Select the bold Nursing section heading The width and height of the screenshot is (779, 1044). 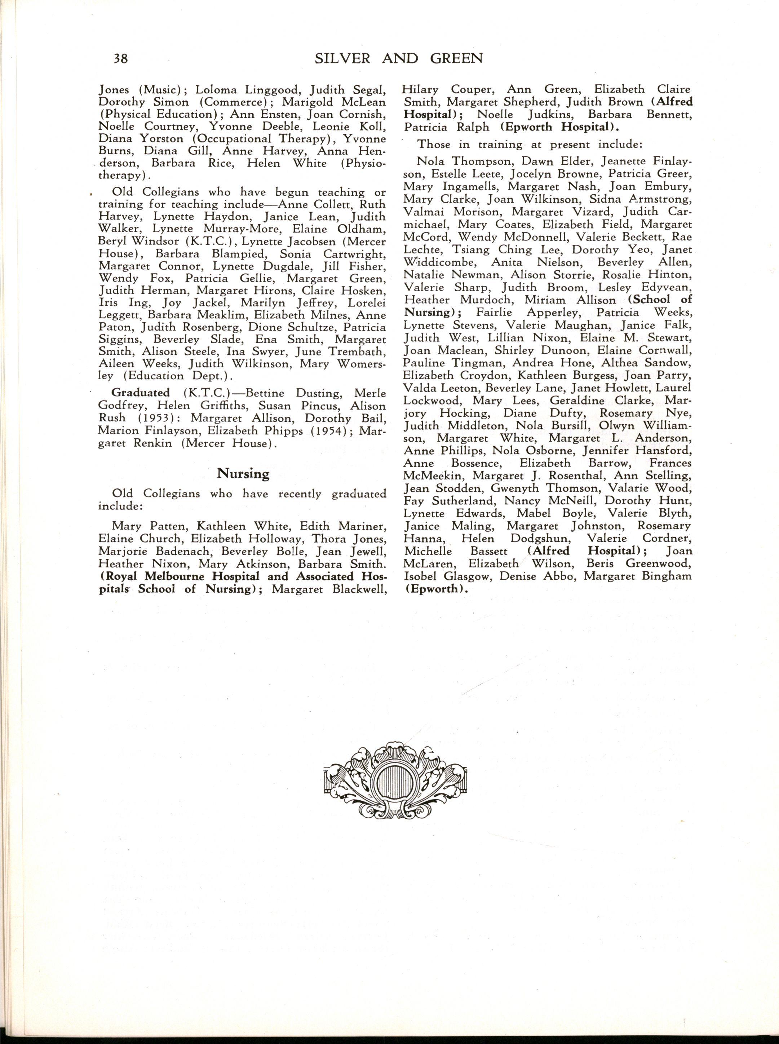pos(243,473)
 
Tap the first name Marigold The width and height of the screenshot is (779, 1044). pos(309,102)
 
